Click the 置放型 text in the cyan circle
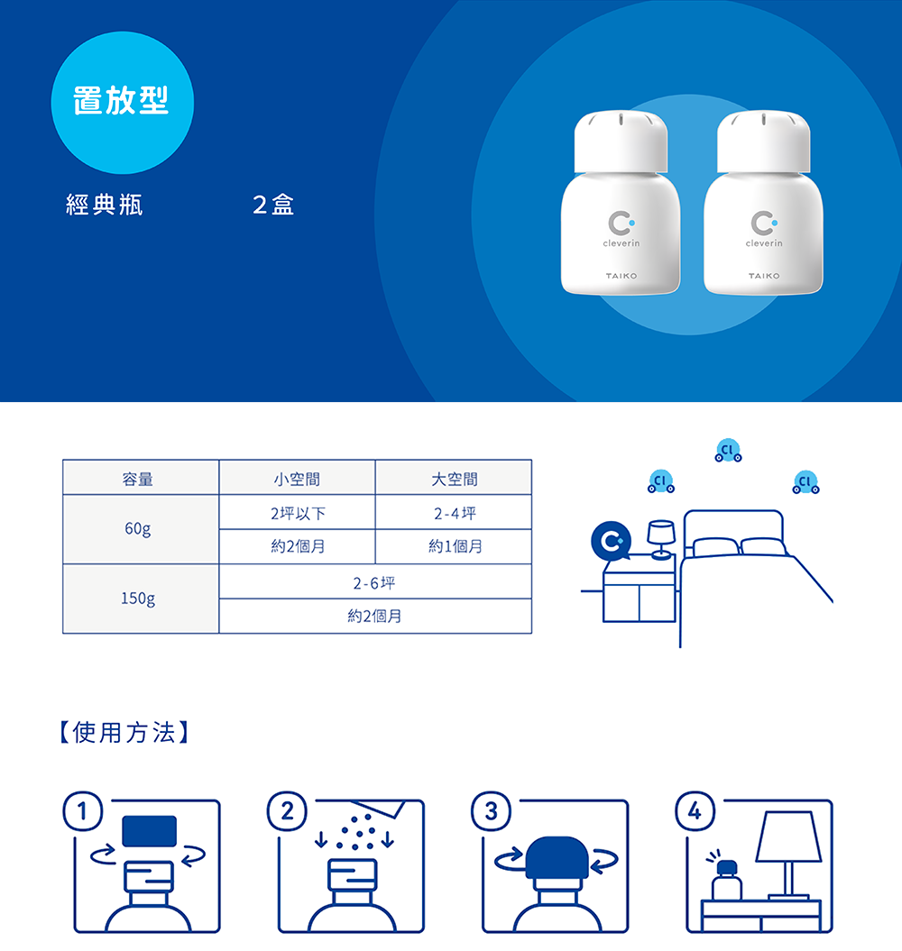coord(122,101)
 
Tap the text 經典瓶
coord(105,206)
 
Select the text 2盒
coord(273,206)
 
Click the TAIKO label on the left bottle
coord(621,275)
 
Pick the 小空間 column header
coord(297,479)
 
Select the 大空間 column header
coord(454,479)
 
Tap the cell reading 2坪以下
coord(297,513)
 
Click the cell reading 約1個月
coord(454,546)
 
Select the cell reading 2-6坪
coord(374,583)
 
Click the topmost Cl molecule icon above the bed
coord(728,451)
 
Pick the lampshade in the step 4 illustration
coord(789,837)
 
